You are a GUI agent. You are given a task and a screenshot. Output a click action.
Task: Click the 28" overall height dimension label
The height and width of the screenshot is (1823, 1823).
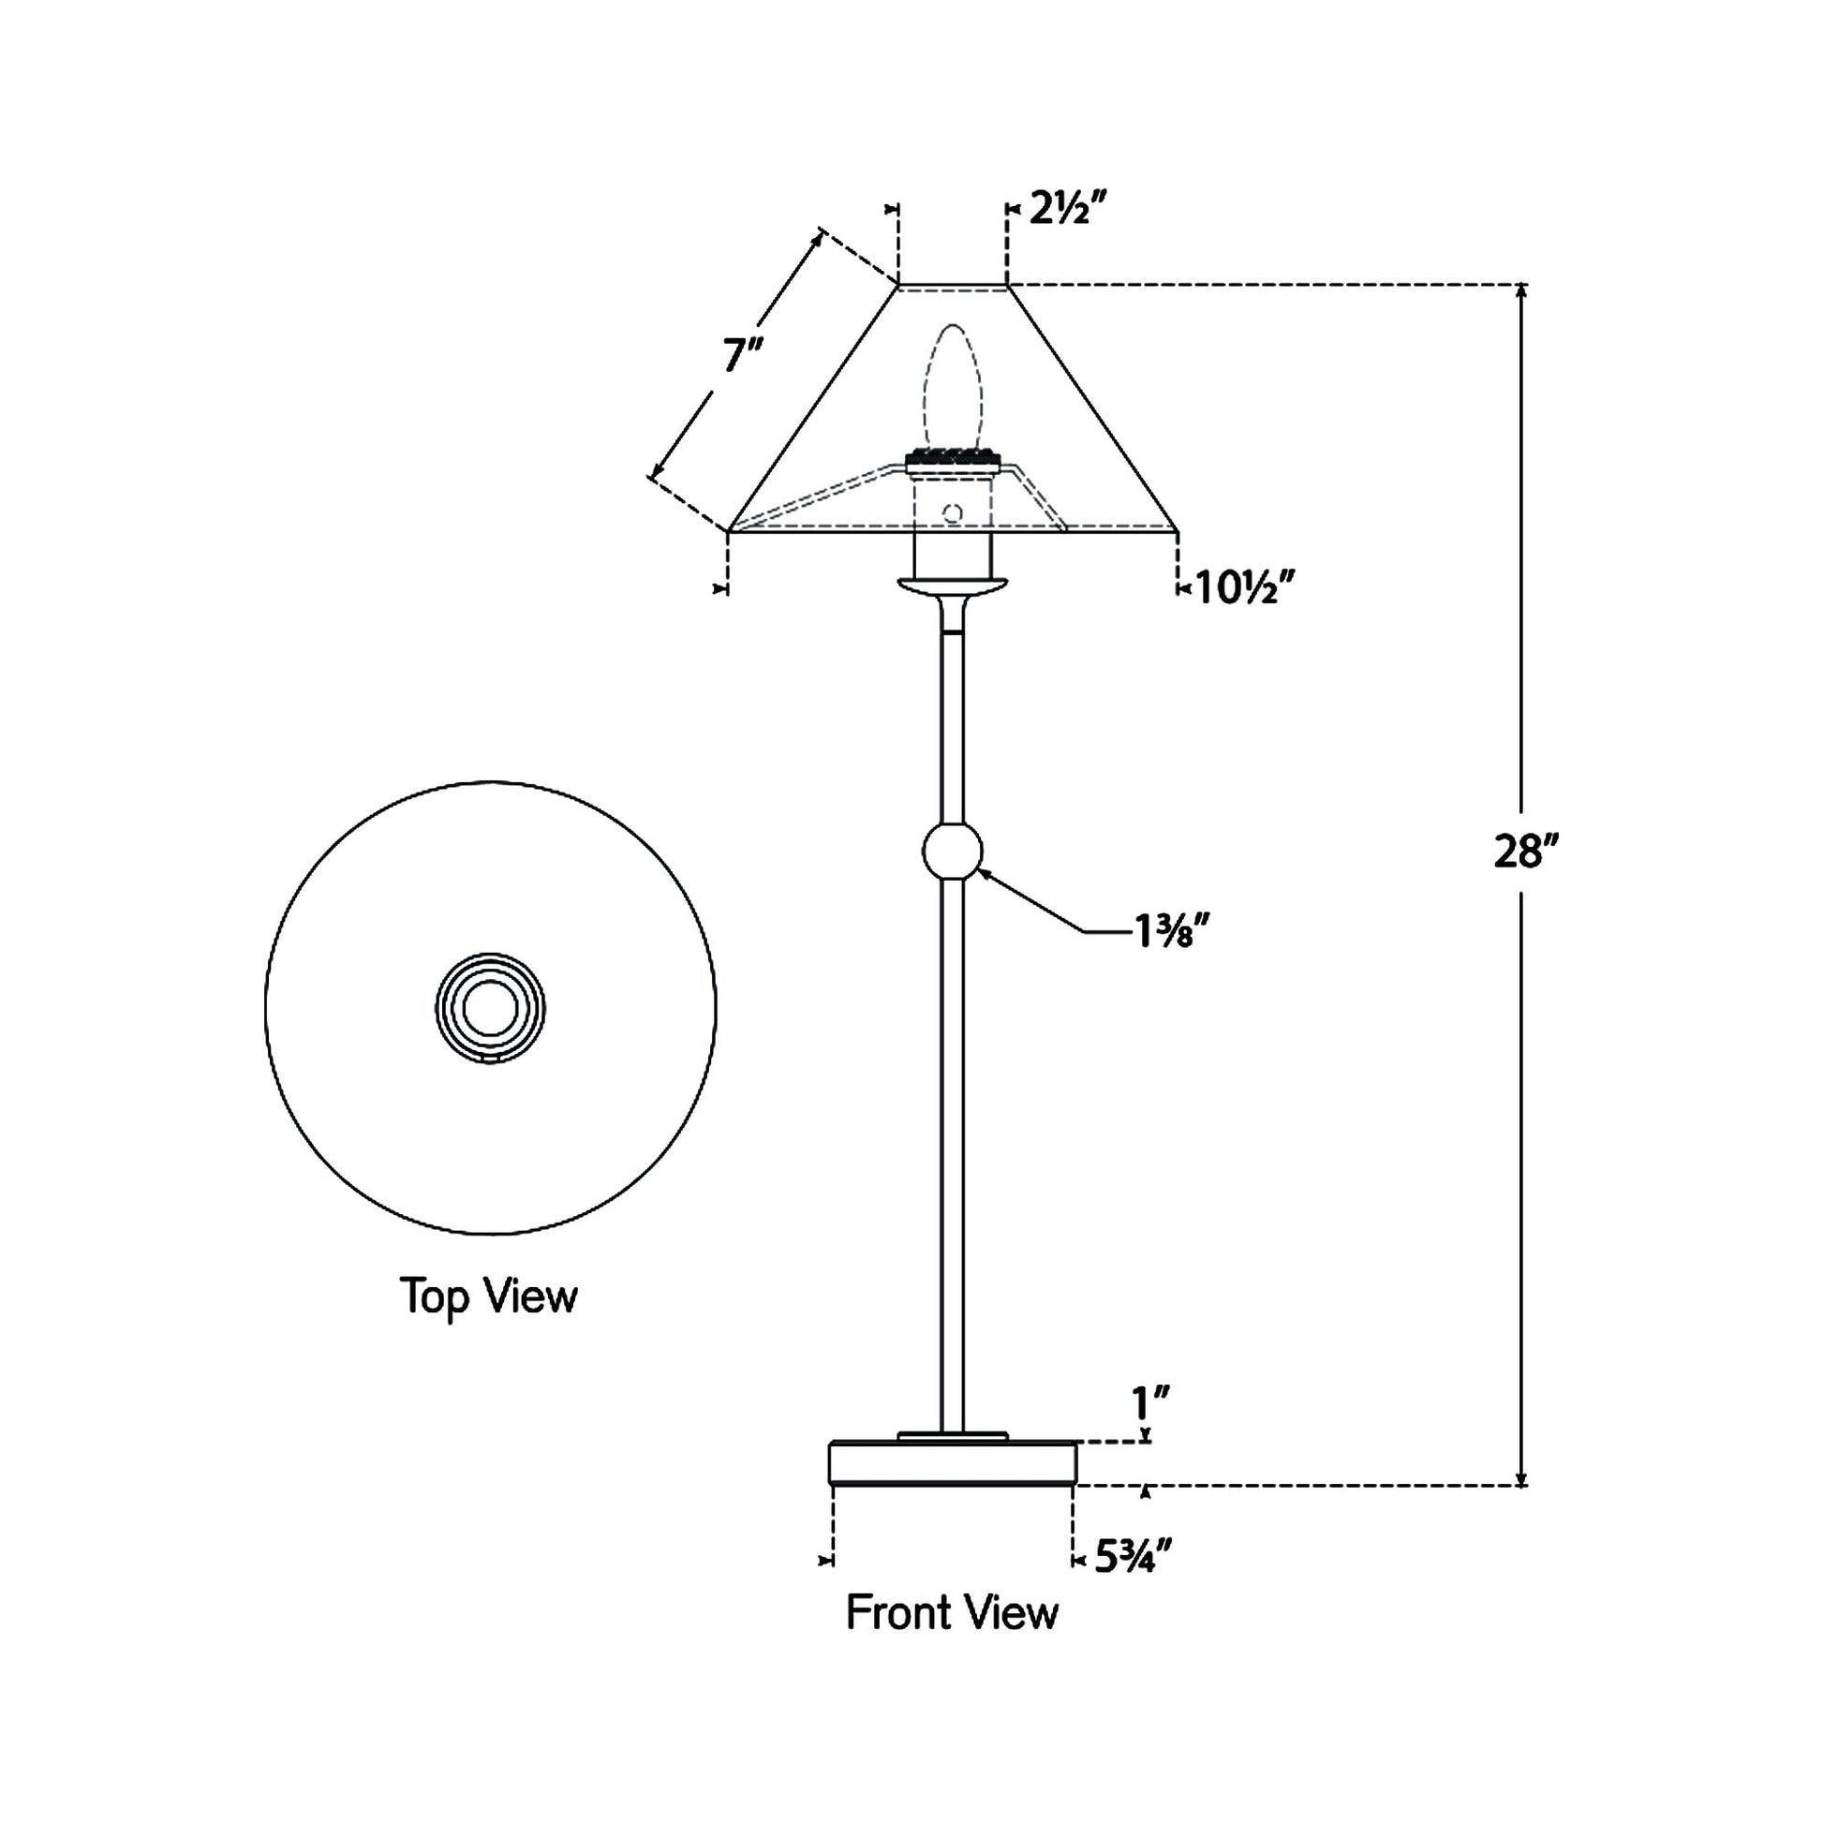tap(1522, 852)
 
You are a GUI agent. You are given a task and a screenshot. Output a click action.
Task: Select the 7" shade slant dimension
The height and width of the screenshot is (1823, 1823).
tap(743, 357)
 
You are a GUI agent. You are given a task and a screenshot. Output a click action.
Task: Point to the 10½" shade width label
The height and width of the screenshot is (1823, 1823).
tap(1243, 589)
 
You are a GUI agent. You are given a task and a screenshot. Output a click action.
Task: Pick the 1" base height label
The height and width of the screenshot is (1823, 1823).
tap(1151, 1403)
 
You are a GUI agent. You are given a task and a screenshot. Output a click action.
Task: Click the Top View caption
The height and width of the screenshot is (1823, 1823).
tap(488, 1296)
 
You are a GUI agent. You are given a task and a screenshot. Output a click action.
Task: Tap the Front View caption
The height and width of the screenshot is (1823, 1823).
tap(951, 1612)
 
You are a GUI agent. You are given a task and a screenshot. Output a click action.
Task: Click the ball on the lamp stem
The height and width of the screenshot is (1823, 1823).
tap(952, 852)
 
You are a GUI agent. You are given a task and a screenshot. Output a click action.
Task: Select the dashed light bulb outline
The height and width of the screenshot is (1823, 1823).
tap(952, 387)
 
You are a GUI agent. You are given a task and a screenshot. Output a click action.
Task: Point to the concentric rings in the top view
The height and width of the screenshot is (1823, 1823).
tap(490, 1008)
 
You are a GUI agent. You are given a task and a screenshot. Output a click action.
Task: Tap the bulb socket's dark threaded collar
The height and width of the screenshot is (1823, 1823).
tap(952, 462)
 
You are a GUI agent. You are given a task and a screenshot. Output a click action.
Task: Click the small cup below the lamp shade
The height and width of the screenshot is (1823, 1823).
tap(952, 586)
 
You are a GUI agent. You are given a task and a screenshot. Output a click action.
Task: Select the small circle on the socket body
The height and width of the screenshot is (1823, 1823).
tap(952, 513)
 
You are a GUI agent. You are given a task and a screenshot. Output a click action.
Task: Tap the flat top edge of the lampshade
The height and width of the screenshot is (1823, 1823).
tap(952, 284)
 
